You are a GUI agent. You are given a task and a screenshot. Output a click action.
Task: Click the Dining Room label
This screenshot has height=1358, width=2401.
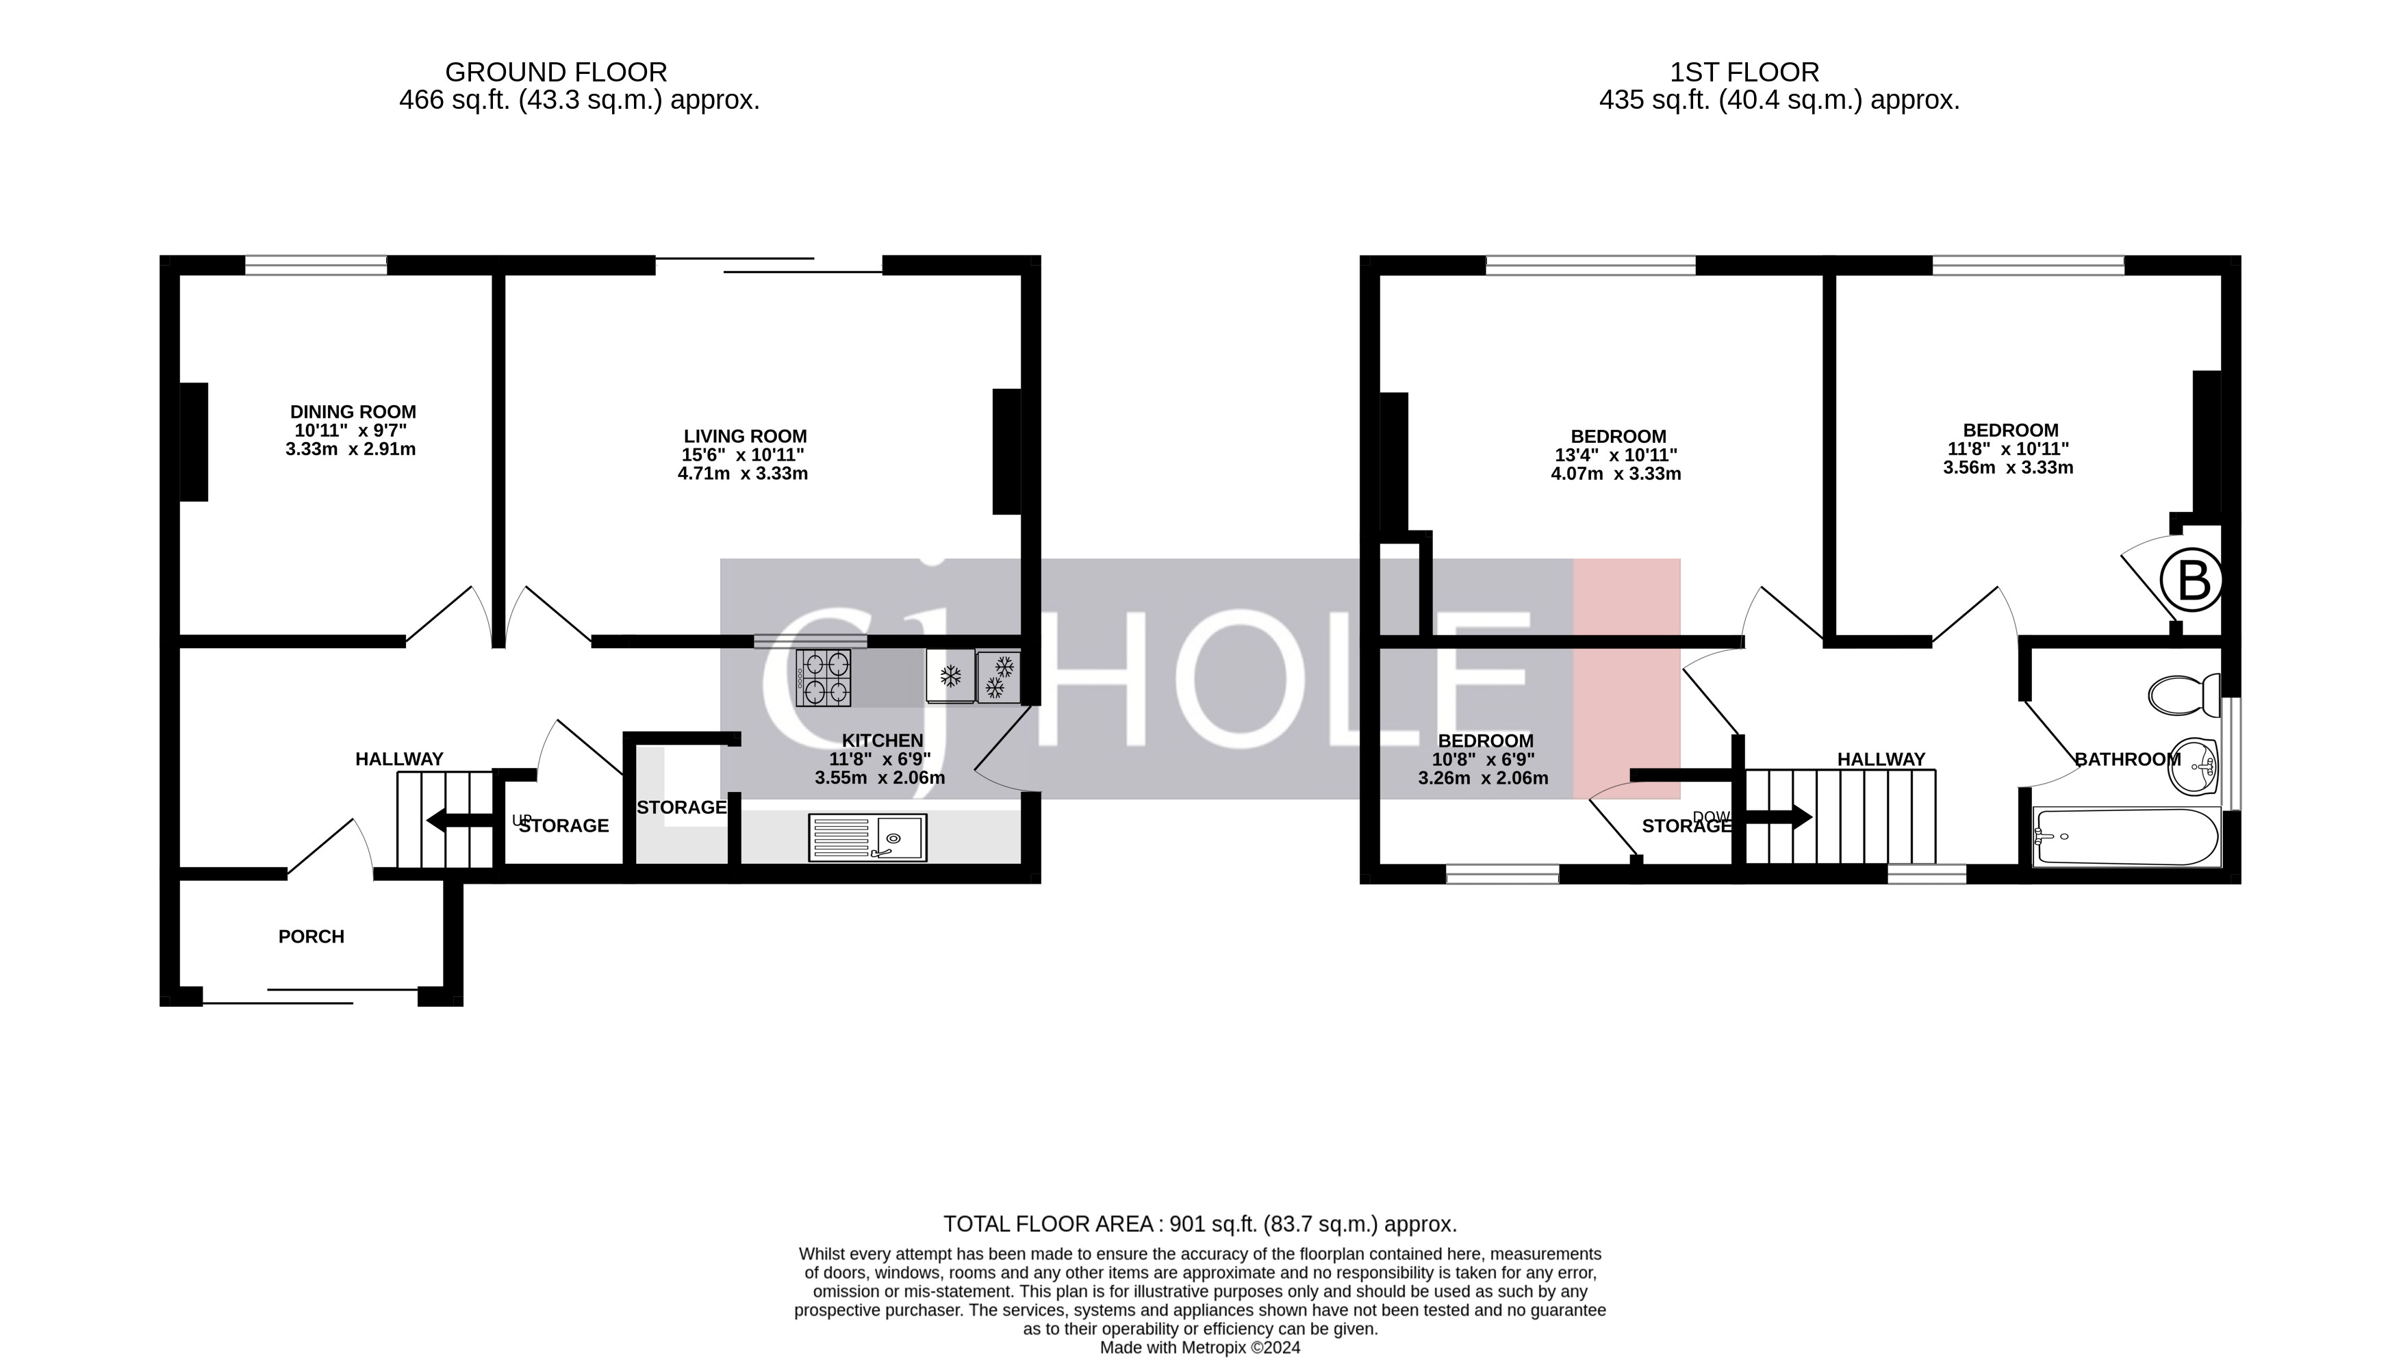(353, 411)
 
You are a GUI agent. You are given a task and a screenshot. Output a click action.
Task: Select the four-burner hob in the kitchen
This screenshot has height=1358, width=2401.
(824, 677)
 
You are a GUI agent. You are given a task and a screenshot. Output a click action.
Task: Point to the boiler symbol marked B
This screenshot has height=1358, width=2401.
(2191, 580)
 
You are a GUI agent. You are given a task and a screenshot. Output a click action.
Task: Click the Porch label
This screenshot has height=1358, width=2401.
(312, 936)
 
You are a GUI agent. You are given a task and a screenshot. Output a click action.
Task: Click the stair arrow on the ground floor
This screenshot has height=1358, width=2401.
(459, 821)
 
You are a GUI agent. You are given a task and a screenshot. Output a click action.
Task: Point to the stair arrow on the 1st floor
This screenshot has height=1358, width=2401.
(1777, 818)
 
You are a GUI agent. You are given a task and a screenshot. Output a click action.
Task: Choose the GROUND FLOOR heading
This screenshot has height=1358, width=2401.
(556, 72)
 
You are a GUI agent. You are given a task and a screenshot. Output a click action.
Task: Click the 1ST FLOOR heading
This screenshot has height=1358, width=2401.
(1743, 72)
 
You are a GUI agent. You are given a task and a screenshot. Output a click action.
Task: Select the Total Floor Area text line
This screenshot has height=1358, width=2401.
(1199, 1224)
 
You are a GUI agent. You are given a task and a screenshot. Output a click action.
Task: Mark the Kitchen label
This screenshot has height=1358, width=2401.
(882, 741)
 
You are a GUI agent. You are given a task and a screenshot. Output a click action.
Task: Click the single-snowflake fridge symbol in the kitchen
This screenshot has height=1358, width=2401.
(950, 676)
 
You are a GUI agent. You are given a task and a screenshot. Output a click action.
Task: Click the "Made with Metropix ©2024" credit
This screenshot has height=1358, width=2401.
(1199, 1347)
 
